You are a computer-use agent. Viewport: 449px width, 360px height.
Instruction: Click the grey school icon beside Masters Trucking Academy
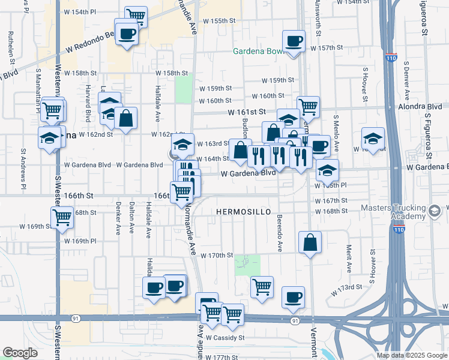tap(435, 211)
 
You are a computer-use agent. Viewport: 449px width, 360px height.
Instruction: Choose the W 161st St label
tap(246, 112)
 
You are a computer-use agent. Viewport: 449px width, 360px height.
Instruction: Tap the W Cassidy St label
tap(226, 338)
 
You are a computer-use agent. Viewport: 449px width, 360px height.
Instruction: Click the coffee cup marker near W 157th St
tap(294, 41)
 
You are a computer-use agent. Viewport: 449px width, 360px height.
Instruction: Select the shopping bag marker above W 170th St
tap(310, 243)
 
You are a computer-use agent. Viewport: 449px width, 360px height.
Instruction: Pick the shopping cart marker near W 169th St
tap(62, 217)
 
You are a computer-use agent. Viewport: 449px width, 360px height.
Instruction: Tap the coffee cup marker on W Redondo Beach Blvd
tap(127, 33)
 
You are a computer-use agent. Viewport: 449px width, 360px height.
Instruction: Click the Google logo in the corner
tap(20, 353)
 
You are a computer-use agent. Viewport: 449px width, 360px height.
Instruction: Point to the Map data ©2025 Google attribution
tap(411, 355)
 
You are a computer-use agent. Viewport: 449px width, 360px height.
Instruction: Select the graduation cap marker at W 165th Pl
tap(327, 170)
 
